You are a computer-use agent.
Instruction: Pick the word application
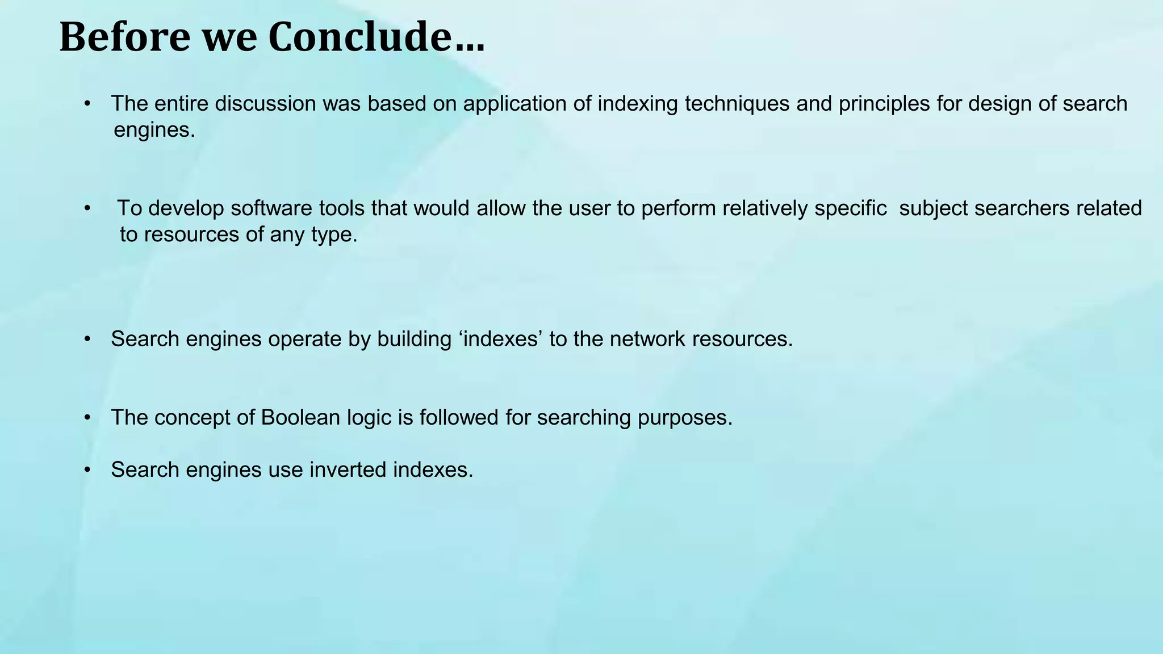coord(514,104)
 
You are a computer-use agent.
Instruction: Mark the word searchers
coord(1014,208)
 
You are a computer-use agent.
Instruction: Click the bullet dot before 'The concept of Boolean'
coord(87,418)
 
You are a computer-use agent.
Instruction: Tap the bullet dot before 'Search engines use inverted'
coord(87,470)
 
